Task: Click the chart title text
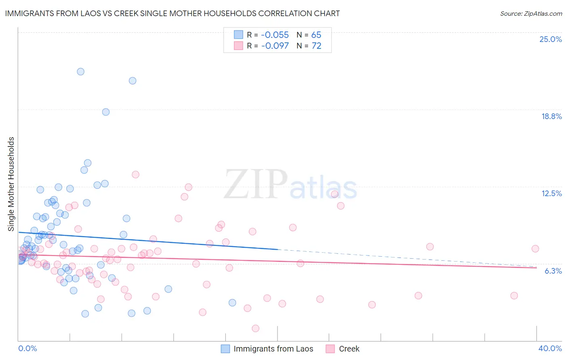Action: point(172,13)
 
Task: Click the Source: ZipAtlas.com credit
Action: point(531,13)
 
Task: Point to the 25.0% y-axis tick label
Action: point(550,39)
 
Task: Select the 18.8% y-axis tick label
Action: point(551,116)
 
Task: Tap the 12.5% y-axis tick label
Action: point(551,193)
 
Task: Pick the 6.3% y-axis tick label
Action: point(553,271)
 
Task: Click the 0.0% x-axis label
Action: point(27,348)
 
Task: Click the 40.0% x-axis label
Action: point(550,348)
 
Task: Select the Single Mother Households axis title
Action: point(11,184)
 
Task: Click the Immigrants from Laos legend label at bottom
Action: point(273,349)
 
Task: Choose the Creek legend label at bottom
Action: point(349,349)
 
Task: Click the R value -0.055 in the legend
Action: point(275,35)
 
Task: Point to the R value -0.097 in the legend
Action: point(275,46)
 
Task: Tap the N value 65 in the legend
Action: point(316,35)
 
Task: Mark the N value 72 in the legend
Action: point(316,46)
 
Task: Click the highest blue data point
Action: point(81,71)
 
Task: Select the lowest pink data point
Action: point(255,329)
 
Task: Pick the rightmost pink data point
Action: point(535,249)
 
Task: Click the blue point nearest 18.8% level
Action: point(106,112)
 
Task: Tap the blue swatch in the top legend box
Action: point(238,35)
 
